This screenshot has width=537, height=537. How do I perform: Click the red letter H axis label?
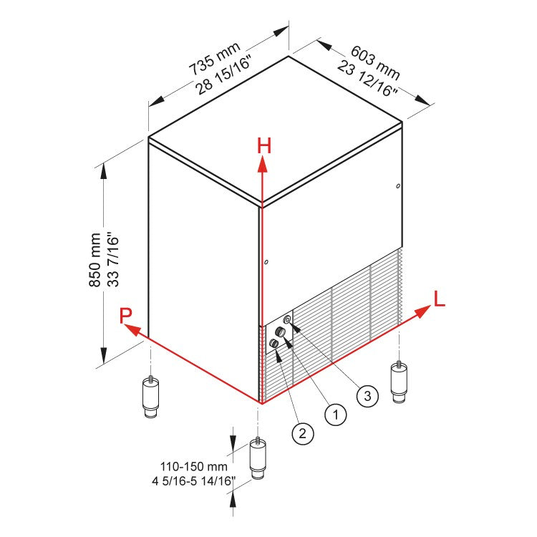[265, 145]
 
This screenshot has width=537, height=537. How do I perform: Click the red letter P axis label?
[126, 315]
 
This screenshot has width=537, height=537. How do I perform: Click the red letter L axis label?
[439, 299]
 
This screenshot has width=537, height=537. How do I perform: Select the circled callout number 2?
[302, 432]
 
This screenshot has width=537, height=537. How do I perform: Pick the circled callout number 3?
[367, 395]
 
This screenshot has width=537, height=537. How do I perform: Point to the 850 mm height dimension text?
[95, 261]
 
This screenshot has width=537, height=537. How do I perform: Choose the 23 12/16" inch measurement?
[367, 79]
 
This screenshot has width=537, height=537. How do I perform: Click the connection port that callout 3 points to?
[287, 319]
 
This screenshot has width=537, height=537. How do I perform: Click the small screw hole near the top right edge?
[397, 188]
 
